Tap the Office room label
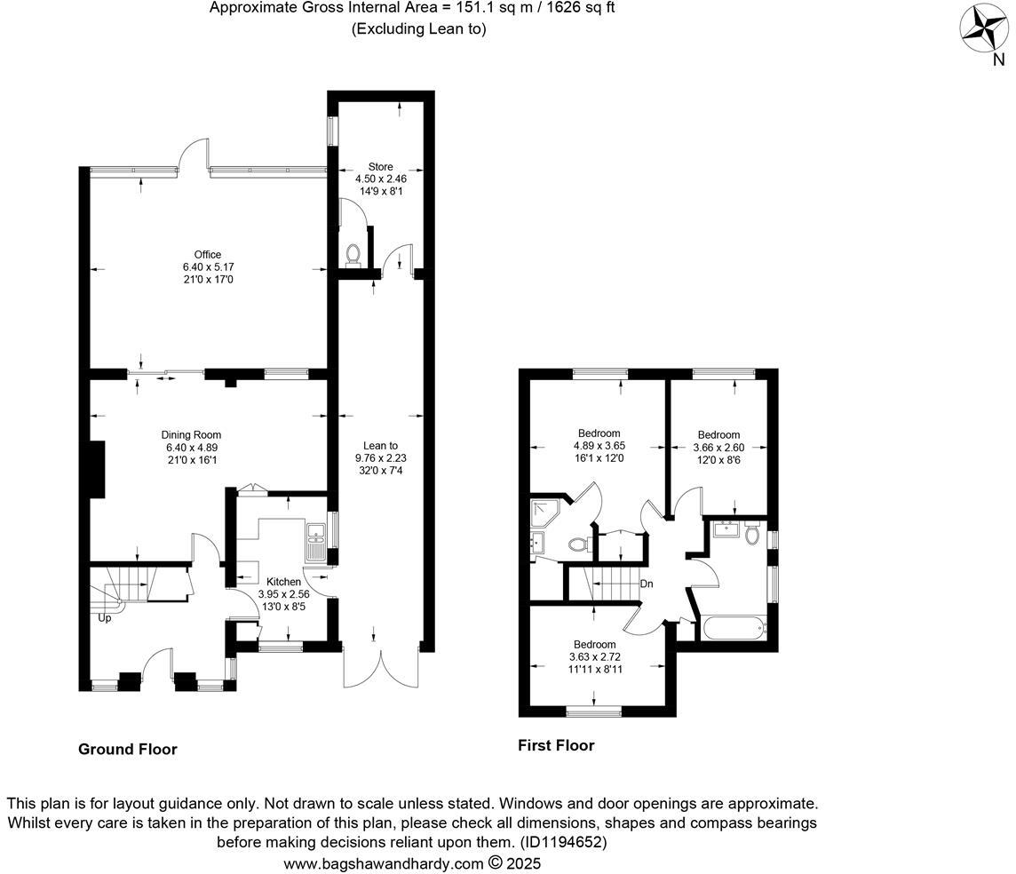coord(208,255)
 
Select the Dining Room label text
coord(191,434)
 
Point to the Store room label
coord(380,166)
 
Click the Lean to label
coord(380,446)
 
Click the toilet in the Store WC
coord(353,256)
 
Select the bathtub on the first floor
coord(734,630)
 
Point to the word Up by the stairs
coord(105,618)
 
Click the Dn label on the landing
coord(647,584)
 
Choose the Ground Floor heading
coord(128,750)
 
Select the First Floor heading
coord(556,746)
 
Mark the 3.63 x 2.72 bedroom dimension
coord(594,657)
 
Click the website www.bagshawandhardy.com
coord(384,863)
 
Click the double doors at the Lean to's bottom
coord(380,666)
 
